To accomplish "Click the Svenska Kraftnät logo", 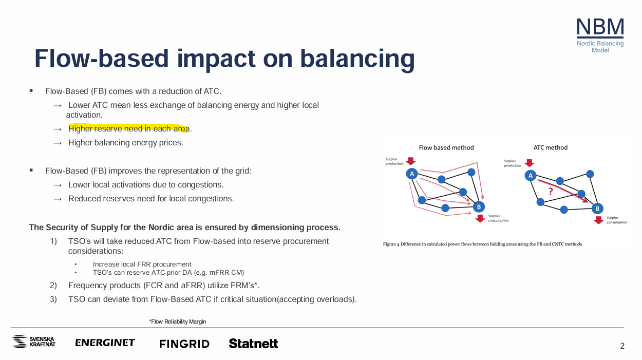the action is [33, 342].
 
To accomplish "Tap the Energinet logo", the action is [105, 343].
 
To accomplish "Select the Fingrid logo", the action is [184, 344].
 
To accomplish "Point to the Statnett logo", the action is [253, 344].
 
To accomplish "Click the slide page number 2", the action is [622, 346].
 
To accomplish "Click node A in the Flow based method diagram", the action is [412, 174].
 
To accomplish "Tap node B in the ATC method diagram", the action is [597, 209].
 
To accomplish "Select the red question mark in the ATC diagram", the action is [550, 191].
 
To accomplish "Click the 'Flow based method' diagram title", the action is [446, 147].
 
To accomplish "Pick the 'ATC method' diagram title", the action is [550, 147].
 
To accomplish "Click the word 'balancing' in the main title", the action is [357, 59].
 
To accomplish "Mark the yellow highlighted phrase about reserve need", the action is [129, 128].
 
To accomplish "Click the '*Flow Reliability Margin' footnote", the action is [177, 321].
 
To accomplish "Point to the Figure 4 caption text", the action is [482, 244].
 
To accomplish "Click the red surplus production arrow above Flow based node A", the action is [411, 161].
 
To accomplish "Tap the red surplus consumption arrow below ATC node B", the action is [598, 220].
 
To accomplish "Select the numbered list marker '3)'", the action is [53, 299].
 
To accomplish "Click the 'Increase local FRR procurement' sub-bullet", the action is [142, 264].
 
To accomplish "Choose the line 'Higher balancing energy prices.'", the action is [125, 142].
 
